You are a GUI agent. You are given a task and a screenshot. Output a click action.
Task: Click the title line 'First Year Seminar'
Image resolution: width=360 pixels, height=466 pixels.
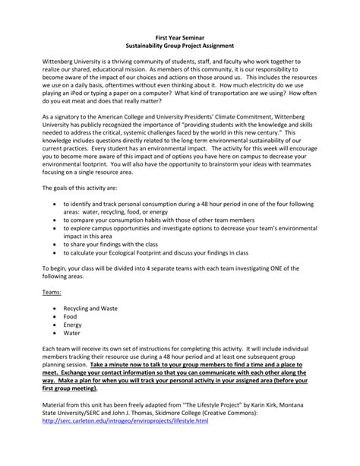[179, 36]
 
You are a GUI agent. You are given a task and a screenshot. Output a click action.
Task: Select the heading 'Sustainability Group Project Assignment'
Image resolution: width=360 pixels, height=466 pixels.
[179, 46]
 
